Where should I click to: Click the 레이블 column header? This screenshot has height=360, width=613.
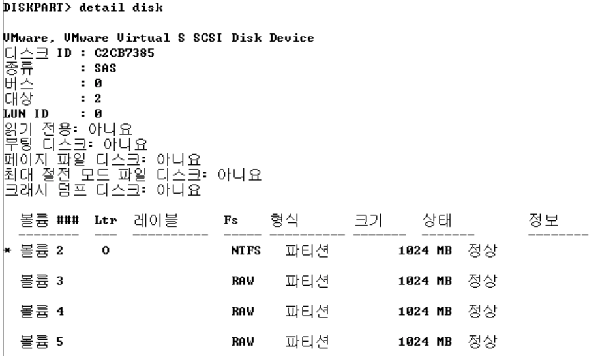[157, 219]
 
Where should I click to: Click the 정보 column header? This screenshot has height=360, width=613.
[541, 219]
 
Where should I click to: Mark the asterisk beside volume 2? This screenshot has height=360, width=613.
[5, 252]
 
